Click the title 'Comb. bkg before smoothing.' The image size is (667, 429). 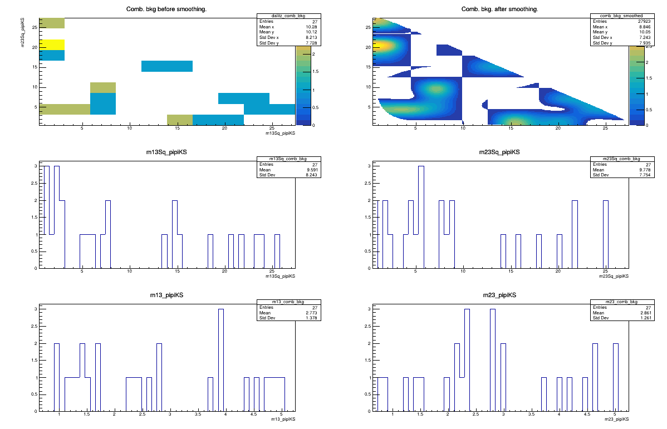click(x=166, y=9)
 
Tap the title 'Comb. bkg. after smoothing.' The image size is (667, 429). click(x=499, y=9)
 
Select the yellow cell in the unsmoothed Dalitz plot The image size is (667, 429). click(x=52, y=45)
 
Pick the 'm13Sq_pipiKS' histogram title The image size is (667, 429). click(x=166, y=152)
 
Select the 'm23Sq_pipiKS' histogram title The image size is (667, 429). click(x=500, y=152)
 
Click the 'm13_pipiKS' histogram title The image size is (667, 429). click(x=166, y=295)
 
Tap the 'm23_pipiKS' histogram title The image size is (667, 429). click(x=500, y=295)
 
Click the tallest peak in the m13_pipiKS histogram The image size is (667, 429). click(x=220, y=309)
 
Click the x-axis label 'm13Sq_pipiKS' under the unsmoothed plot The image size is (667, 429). click(x=280, y=133)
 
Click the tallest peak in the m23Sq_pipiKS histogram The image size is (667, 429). click(x=421, y=166)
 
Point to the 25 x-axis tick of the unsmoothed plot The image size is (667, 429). click(x=272, y=129)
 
